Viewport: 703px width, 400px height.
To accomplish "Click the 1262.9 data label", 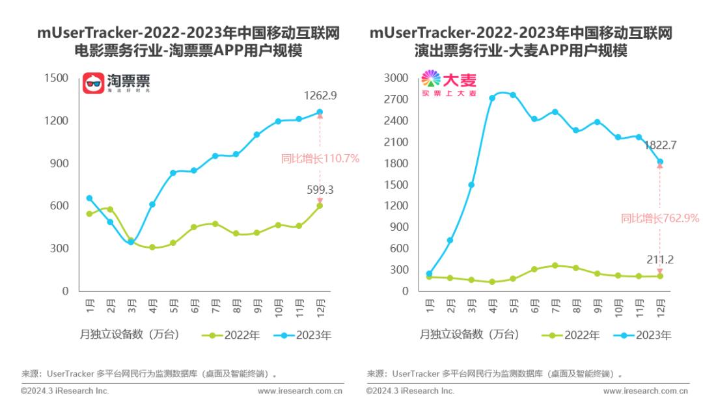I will pos(320,96).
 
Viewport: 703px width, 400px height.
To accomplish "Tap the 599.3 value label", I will pos(320,190).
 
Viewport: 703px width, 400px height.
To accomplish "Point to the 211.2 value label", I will pos(660,260).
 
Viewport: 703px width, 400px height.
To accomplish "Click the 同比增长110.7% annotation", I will pos(320,158).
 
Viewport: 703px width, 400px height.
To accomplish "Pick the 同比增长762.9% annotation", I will pos(659,219).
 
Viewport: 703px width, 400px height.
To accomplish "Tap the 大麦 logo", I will pos(449,83).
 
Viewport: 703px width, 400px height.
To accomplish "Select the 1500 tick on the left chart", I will pos(56,78).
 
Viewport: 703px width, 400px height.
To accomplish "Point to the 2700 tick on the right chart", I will pos(396,100).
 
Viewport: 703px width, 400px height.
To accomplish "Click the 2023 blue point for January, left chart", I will pos(89,198).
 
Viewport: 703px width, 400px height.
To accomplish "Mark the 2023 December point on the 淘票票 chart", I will pos(320,112).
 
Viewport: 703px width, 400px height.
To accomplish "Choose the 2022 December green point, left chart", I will pos(320,206).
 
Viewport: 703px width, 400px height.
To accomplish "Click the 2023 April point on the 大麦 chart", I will pos(492,98).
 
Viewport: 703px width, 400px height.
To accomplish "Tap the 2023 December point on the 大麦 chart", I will pos(659,161).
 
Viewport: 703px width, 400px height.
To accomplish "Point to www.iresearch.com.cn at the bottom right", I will pos(645,391).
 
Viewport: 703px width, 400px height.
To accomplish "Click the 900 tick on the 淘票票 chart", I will pos(60,163).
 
